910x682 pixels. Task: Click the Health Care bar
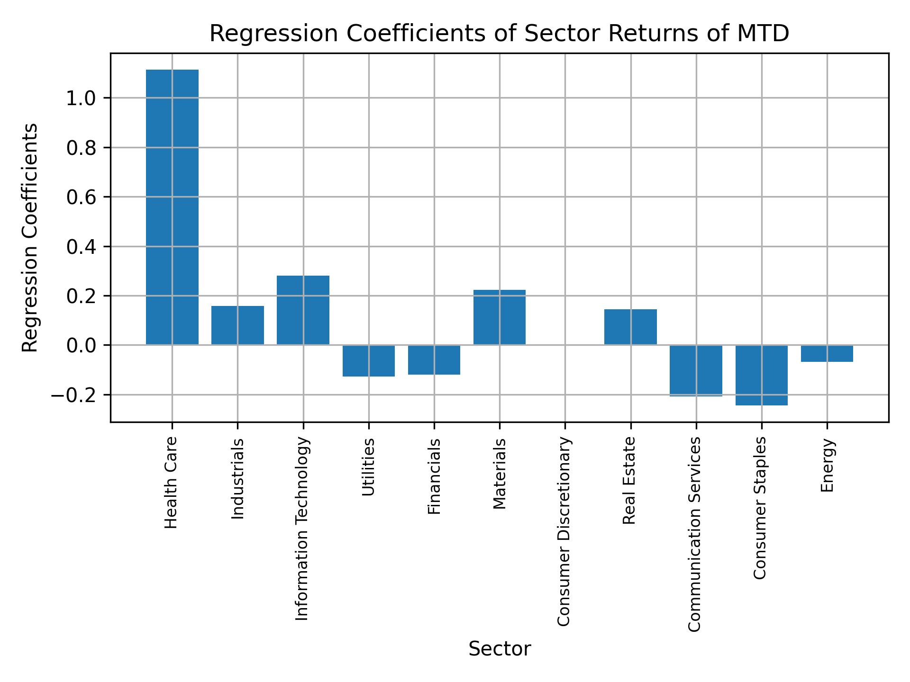172,207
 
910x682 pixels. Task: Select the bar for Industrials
237,325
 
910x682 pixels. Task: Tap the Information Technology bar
303,310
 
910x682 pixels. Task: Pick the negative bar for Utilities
369,361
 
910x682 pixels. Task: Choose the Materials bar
500,317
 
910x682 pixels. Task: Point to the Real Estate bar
630,327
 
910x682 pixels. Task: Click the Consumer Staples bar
761,375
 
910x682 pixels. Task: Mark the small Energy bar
827,354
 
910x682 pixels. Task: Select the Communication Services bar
696,370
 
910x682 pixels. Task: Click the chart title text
499,34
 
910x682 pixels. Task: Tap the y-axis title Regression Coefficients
30,238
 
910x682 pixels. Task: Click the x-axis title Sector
500,649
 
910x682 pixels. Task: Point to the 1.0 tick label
81,98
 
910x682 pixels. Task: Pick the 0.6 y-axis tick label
81,197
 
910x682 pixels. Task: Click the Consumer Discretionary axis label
564,531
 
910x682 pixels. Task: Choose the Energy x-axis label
827,466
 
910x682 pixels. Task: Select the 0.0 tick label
81,345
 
